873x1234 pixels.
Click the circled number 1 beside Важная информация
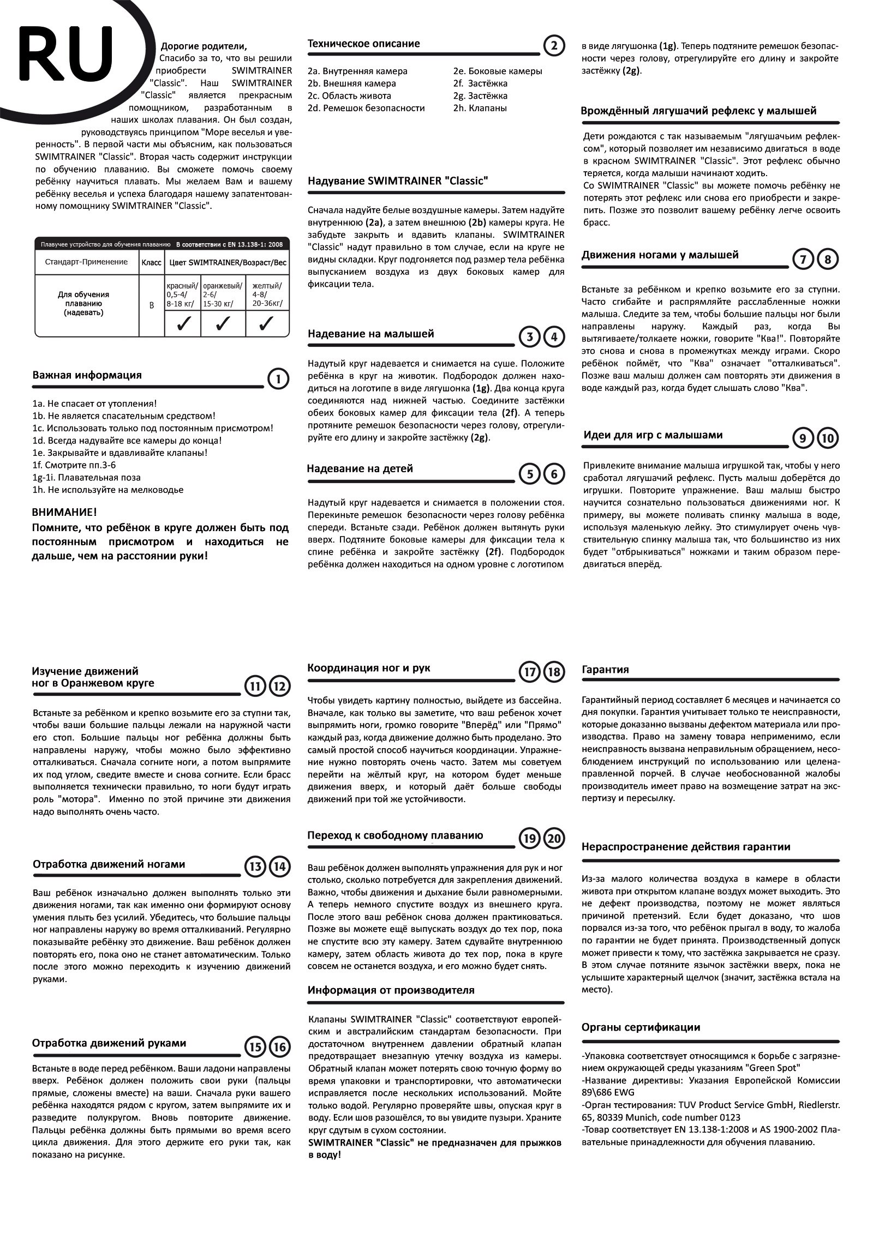pos(279,378)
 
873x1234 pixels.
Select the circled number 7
pos(803,260)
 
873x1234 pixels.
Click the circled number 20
pos(553,839)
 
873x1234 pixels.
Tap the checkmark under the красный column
pos(183,323)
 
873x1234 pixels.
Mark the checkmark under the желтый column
pos(266,323)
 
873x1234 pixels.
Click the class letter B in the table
pos(152,305)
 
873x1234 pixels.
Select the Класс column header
pos(152,262)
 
